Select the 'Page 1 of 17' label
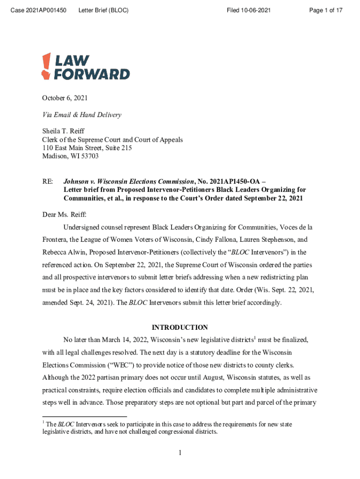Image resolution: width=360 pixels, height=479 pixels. [326, 10]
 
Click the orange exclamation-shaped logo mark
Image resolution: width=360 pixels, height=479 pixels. [46, 66]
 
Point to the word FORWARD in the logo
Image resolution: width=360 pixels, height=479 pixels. [92, 74]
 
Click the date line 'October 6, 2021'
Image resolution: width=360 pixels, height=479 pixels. [65, 98]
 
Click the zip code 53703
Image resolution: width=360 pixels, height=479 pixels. [88, 157]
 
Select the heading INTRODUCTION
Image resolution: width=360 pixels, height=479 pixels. [180, 327]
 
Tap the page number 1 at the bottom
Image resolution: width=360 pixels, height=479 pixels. [180, 452]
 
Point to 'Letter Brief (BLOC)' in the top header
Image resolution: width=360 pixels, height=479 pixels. [104, 10]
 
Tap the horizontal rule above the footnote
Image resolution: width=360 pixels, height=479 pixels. [84, 416]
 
